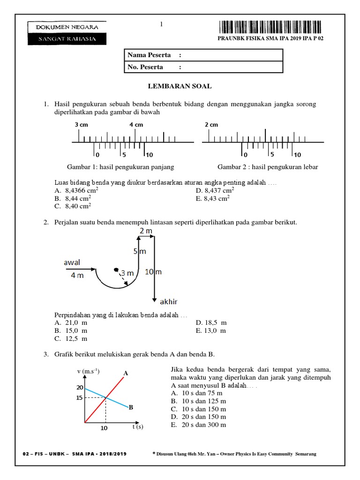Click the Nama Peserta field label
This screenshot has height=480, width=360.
coord(150,55)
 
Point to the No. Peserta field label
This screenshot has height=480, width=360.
coord(146,67)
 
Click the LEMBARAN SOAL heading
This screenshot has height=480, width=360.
coord(180,86)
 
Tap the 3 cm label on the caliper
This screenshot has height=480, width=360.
coord(81,125)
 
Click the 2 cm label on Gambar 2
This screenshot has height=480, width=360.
coord(211,125)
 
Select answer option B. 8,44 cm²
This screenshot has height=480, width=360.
coord(73,198)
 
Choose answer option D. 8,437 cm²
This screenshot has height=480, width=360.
coord(216,191)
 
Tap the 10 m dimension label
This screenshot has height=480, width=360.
coord(153,272)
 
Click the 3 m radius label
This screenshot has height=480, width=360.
coord(127,273)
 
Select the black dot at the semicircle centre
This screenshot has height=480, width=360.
coord(116,270)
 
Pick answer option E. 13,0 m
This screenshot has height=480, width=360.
coord(211,331)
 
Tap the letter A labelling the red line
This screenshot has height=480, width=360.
coord(125,373)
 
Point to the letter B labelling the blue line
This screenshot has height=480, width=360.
coord(131,407)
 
